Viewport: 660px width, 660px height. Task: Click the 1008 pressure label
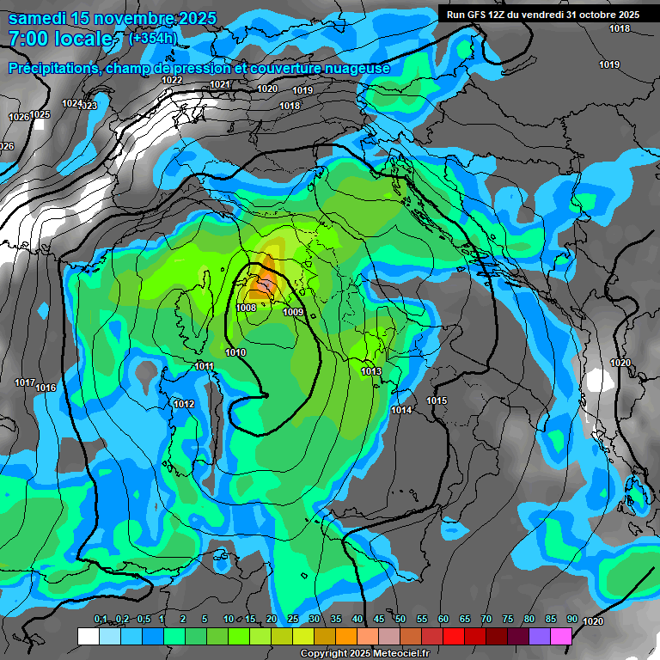(246, 308)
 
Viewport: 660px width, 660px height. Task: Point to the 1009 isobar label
(293, 312)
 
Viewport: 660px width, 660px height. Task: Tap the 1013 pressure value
(371, 371)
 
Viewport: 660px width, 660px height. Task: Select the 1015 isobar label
(437, 401)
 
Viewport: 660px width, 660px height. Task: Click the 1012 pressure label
(184, 404)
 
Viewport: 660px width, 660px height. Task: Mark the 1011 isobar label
(205, 367)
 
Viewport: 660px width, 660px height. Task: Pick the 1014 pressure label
(401, 410)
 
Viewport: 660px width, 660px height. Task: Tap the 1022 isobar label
(173, 80)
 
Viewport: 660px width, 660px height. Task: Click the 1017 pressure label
(25, 382)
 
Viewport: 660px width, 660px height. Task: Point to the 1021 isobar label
(220, 84)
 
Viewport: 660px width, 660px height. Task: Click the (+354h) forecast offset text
(153, 39)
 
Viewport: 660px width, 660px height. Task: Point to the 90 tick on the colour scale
(571, 620)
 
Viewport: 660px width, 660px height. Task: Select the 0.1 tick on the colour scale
(101, 620)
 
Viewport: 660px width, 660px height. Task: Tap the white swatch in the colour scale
(88, 636)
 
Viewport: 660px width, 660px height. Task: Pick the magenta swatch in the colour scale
(561, 636)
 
